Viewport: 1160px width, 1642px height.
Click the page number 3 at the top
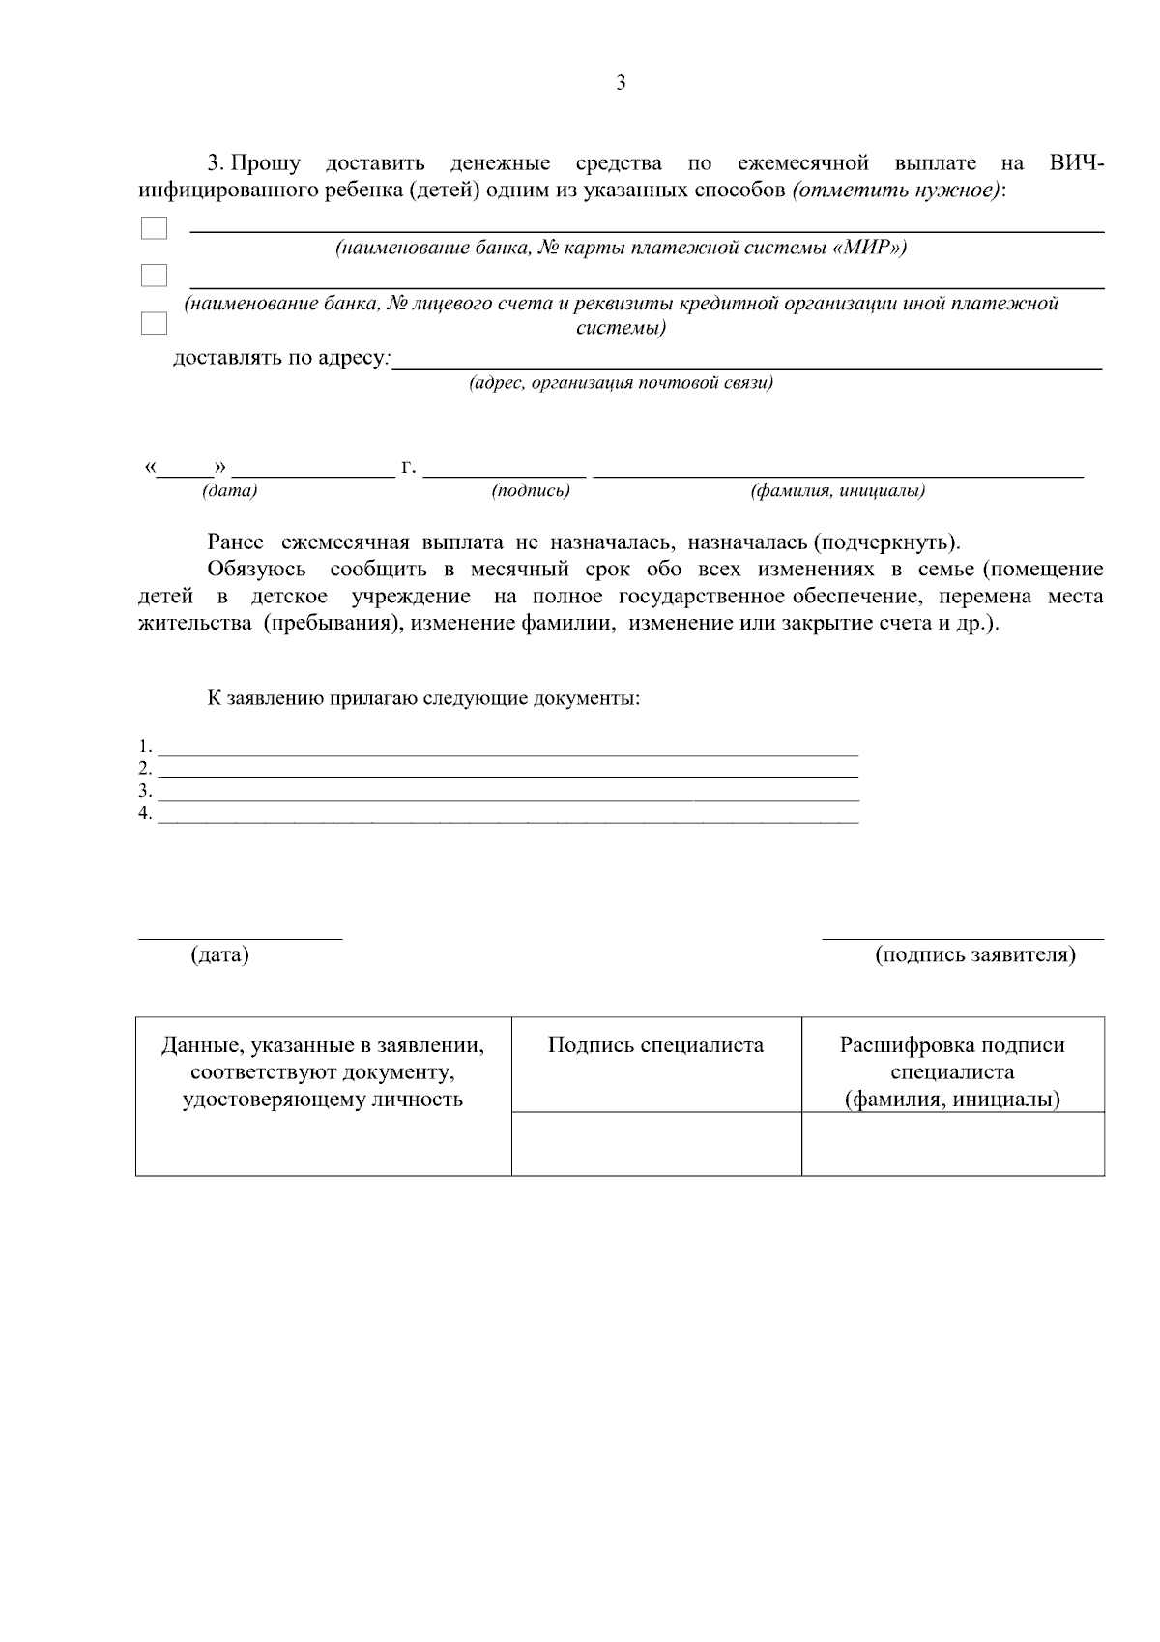pos(621,83)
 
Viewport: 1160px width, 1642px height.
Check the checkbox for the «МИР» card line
pos(154,228)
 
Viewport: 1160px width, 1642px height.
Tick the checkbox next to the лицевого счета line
pos(154,276)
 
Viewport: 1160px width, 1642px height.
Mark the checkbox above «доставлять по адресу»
pos(154,323)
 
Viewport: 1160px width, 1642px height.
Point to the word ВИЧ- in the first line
pos(1076,162)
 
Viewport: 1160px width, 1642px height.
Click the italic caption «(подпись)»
pos(531,491)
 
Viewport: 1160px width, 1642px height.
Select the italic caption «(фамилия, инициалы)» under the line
pos(838,491)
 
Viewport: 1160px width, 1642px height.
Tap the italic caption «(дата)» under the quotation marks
pos(230,491)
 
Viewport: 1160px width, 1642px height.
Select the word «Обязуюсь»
pos(256,569)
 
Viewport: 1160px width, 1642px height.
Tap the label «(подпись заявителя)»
pos(974,955)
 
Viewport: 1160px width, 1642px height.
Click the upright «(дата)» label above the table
pos(220,955)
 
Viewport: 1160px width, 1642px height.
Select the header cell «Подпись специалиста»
pos(655,1045)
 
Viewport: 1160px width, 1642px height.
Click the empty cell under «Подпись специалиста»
pos(656,1144)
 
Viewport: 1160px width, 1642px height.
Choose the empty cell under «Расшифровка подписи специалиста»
pos(952,1144)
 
